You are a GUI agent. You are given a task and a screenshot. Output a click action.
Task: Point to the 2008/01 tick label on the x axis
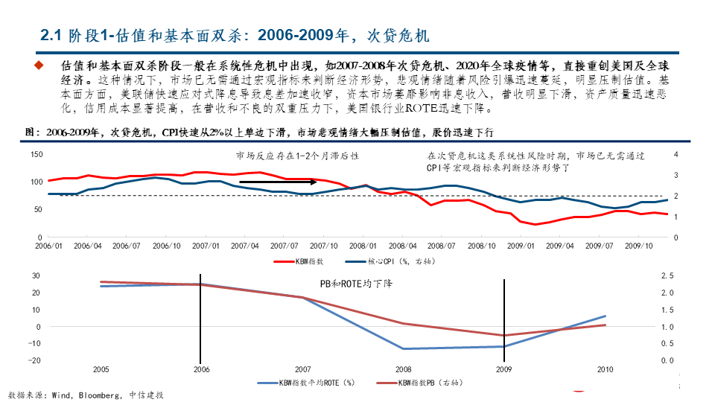pos(363,245)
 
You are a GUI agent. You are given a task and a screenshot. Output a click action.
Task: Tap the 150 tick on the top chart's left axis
pos(36,154)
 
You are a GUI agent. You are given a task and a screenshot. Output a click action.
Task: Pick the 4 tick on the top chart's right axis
pos(676,154)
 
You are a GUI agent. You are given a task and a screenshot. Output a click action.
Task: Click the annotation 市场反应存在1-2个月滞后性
pos(298,156)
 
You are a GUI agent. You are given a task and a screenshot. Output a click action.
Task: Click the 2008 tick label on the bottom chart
pos(403,368)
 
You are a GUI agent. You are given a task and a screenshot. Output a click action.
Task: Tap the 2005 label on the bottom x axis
pos(101,368)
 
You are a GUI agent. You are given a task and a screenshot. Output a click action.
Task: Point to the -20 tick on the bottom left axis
pos(33,360)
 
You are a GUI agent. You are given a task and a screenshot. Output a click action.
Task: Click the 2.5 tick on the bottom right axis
pos(667,275)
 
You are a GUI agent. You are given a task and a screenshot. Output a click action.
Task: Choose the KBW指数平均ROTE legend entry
pos(306,383)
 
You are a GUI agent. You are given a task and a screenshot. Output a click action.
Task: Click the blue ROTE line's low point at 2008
pos(403,348)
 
